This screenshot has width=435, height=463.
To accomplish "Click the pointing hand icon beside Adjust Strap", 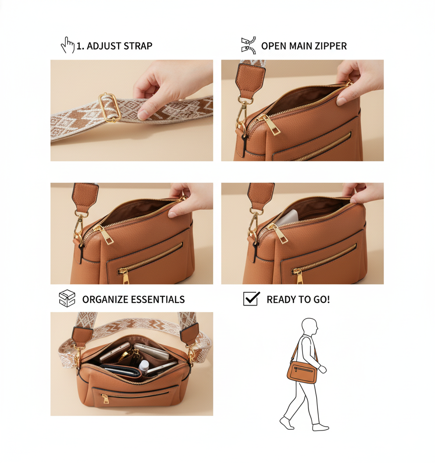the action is point(68,45).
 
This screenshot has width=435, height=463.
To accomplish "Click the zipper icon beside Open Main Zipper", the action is point(249,46).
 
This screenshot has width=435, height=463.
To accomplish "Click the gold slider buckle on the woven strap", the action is point(110,107).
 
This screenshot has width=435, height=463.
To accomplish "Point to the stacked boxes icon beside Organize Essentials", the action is point(67,298).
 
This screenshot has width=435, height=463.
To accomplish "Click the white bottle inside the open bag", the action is point(143,367).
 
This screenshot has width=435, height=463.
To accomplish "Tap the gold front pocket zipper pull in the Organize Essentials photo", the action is point(105,399).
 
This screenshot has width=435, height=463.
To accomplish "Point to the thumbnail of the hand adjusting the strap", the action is point(132,110).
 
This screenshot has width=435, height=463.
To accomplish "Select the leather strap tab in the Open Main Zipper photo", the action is point(250,80).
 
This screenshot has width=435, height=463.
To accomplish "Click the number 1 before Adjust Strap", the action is point(79,46).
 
